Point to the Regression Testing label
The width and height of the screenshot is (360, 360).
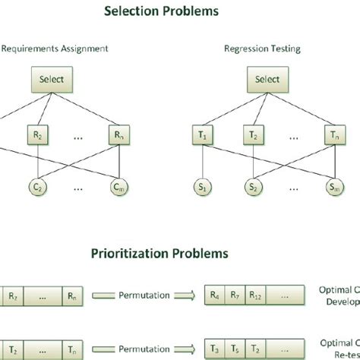[262, 49]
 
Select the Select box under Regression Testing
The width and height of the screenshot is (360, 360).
[267, 79]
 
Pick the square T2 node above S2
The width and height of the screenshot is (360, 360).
[252, 135]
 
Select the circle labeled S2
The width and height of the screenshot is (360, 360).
[252, 187]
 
